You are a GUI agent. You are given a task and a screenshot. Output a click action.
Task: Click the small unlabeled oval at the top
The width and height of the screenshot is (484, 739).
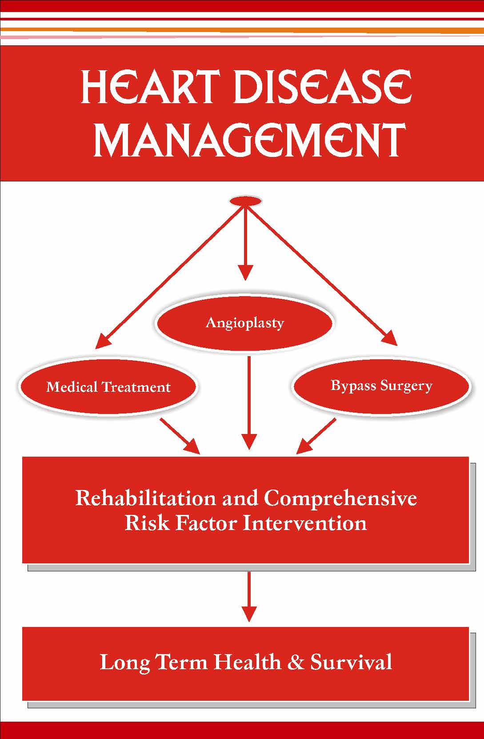245,201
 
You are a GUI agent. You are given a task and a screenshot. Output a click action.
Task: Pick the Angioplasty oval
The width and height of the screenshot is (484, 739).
244,322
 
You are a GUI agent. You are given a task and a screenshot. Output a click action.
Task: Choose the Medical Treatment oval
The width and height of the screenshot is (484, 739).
108,386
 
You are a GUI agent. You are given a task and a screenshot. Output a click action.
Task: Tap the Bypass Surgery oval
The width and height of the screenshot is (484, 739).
381,385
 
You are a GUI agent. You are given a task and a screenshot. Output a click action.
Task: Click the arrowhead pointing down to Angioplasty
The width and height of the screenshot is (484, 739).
245,272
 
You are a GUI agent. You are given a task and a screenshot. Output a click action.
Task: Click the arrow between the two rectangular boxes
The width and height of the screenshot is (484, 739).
249,596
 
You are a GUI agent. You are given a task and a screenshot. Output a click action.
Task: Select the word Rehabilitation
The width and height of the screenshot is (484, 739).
146,498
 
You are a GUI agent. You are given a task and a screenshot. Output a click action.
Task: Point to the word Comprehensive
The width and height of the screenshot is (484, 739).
340,498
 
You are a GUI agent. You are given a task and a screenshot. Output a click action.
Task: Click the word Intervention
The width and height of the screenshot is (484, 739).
304,523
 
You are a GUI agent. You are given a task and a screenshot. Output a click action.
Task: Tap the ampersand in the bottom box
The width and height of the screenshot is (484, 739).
296,662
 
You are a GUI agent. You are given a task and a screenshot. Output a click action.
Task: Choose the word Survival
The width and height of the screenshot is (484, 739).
351,662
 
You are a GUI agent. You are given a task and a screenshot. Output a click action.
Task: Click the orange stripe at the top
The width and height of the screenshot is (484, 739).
242,30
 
